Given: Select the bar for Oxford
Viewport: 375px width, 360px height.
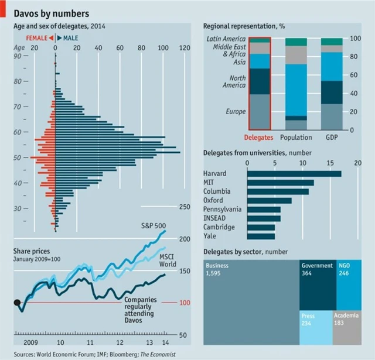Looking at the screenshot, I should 270,201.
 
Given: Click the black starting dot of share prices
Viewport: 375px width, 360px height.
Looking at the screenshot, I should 18,303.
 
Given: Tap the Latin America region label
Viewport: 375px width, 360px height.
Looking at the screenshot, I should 226,39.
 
